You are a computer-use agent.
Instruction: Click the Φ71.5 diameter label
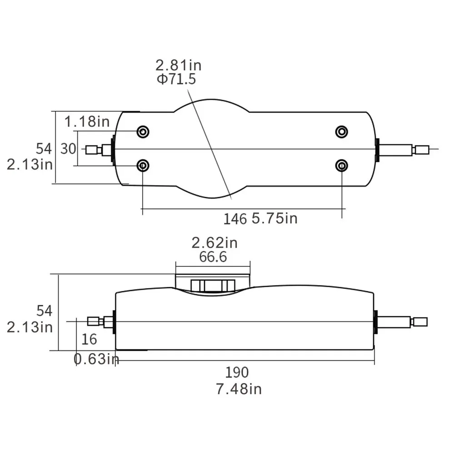[x=176, y=80]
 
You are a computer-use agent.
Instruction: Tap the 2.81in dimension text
[x=178, y=65]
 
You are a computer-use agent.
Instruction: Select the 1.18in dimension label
[x=87, y=121]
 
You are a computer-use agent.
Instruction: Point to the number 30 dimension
[x=68, y=149]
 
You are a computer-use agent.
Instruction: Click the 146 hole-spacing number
[x=235, y=219]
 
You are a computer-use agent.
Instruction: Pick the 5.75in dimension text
[x=274, y=219]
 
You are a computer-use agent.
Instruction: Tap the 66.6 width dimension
[x=213, y=257]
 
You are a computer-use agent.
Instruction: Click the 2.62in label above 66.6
[x=215, y=243]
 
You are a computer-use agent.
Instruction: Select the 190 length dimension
[x=237, y=372]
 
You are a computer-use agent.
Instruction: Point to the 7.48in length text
[x=239, y=389]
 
